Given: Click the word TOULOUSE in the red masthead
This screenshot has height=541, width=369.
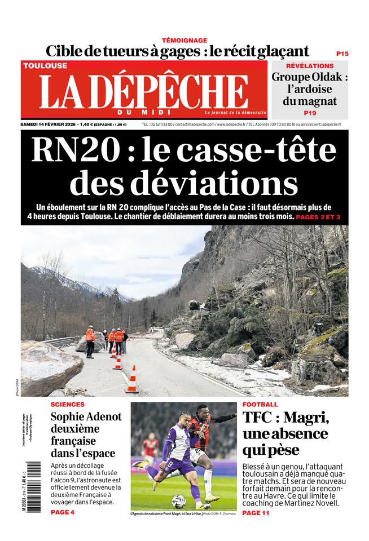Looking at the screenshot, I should tap(45, 65).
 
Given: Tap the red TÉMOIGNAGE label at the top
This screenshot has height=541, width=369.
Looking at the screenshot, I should tap(184, 40).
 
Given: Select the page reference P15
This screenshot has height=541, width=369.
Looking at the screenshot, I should tap(342, 54).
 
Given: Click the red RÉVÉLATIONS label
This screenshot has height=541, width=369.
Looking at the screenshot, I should tap(310, 66).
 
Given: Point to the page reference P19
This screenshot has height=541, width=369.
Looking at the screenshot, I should tap(310, 113).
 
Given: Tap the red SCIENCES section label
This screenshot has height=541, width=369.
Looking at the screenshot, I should tap(68, 405).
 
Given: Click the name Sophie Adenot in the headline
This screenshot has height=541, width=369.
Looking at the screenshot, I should tap(86, 418).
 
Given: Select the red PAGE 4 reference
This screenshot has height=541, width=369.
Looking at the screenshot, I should tap(62, 512).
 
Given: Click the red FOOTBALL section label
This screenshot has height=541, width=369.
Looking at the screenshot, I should tap(260, 405).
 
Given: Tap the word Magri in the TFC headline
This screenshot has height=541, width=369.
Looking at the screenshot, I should tap(308, 418).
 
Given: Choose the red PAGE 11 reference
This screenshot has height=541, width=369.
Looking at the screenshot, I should tap(258, 513).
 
